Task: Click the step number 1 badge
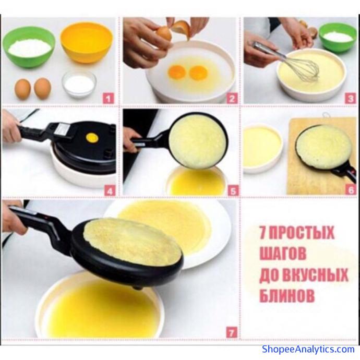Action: point(109,99)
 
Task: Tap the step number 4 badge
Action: point(110,191)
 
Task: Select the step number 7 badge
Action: point(231,332)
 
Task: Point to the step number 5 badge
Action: point(233,191)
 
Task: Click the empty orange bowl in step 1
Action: point(87,42)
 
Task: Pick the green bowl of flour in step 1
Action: point(29,47)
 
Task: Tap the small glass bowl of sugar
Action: point(79,84)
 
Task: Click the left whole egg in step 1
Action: point(22,89)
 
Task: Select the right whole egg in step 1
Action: point(42,88)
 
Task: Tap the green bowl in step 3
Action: point(337,38)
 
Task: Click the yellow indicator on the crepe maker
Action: point(92,138)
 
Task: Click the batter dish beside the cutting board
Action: point(262,148)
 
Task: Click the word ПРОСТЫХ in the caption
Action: point(301,232)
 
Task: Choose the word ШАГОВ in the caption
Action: point(283,253)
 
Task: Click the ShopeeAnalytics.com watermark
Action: point(308,349)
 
